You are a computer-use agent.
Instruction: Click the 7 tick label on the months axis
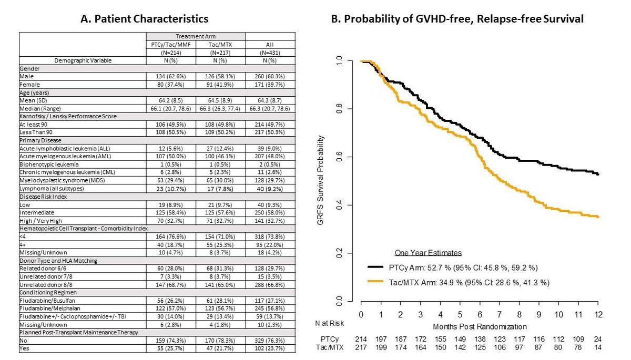[499, 314]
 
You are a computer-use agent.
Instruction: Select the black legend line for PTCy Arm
[379, 267]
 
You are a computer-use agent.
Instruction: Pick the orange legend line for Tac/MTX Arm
[379, 283]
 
